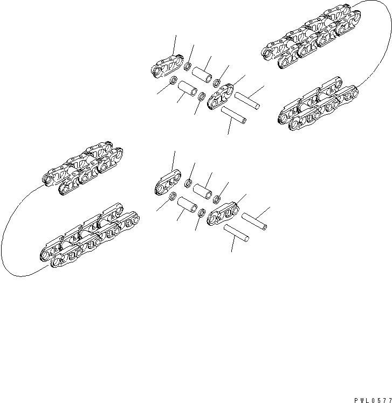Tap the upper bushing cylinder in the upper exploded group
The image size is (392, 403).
point(201,74)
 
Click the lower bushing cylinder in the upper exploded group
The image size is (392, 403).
point(187,87)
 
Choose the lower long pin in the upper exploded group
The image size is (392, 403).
point(233,114)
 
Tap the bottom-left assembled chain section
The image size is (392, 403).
point(89,237)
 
